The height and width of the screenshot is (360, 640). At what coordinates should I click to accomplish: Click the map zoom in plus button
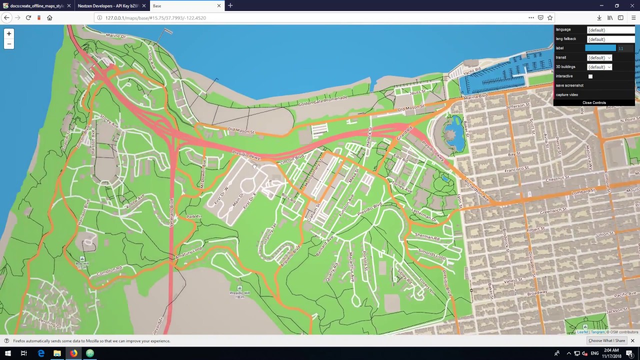point(9,33)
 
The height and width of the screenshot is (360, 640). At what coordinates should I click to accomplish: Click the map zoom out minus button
point(9,44)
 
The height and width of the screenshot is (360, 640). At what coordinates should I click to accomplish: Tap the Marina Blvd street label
point(475,96)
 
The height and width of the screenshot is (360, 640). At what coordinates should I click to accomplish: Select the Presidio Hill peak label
point(239,292)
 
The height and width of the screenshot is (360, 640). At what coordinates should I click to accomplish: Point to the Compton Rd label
point(109,271)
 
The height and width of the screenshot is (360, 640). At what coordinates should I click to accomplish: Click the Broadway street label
point(537,292)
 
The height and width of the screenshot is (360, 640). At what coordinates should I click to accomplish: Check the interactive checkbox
point(590,76)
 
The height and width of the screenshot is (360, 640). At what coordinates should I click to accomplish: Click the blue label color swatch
point(600,48)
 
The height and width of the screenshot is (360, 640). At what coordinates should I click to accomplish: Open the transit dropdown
point(599,57)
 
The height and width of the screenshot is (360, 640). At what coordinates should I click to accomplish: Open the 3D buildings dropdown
point(599,67)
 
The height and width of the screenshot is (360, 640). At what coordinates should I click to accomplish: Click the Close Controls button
point(594,102)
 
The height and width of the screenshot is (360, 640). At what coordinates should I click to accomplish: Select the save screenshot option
point(569,85)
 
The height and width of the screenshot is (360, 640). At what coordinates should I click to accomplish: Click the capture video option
point(567,94)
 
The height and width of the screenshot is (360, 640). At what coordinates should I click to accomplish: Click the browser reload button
point(28,17)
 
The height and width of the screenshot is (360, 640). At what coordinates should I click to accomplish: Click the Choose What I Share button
point(606,341)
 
